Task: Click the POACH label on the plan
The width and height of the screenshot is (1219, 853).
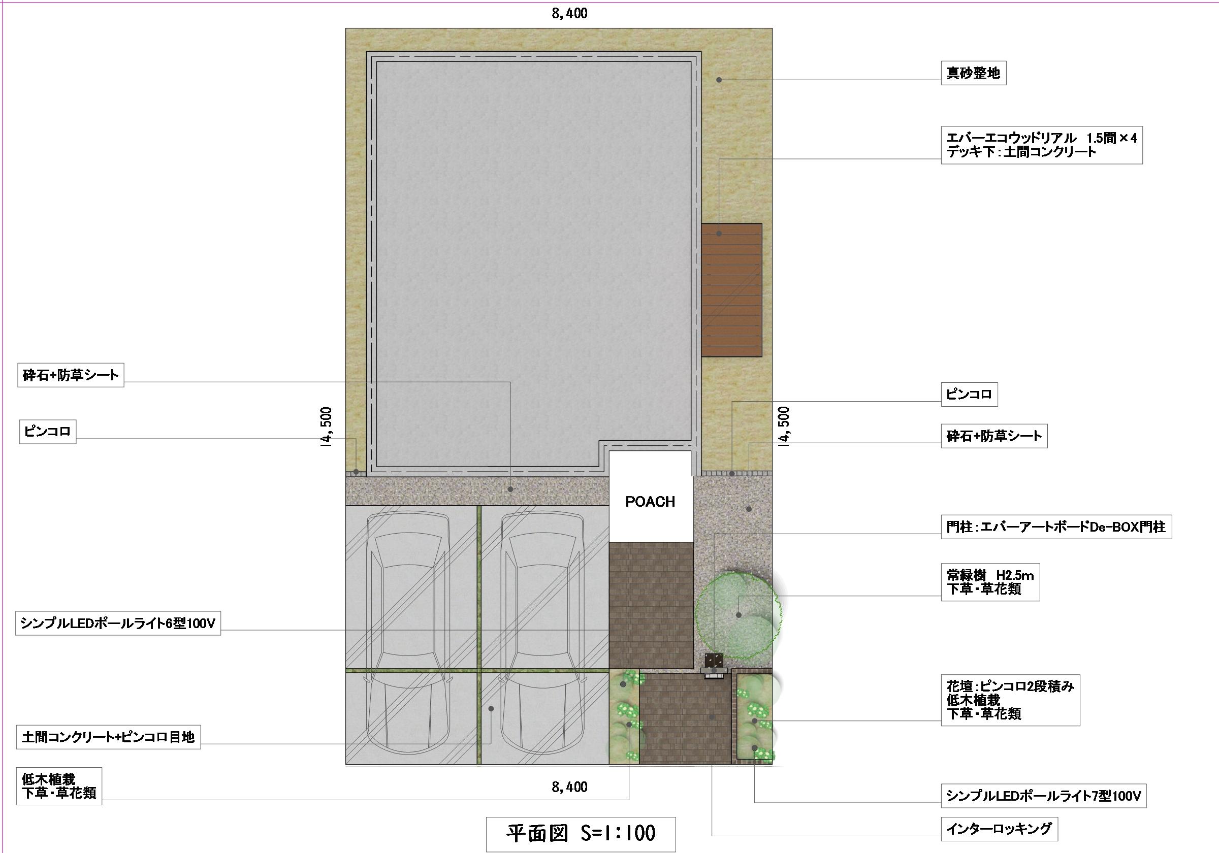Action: (650, 502)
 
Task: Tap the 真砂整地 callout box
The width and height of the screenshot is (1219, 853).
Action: (973, 73)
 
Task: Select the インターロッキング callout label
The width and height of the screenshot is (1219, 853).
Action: (999, 829)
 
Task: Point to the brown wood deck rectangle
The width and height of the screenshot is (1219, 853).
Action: (731, 290)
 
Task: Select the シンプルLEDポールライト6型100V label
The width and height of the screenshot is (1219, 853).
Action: (118, 624)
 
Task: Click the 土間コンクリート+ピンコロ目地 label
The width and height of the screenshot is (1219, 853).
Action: (108, 737)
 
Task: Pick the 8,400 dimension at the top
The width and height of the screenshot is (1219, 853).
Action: (569, 13)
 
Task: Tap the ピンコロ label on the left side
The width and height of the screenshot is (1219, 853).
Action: (48, 432)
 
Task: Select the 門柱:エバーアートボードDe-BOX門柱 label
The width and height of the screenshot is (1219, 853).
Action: (1056, 527)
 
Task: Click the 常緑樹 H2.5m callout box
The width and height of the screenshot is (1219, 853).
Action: (990, 582)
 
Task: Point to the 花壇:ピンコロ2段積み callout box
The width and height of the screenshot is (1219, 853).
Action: (1010, 700)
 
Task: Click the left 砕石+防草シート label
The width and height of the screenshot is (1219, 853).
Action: (71, 375)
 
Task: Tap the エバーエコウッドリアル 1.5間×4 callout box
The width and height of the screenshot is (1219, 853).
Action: (1042, 145)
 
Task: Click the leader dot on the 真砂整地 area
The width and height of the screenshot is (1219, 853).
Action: (719, 80)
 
